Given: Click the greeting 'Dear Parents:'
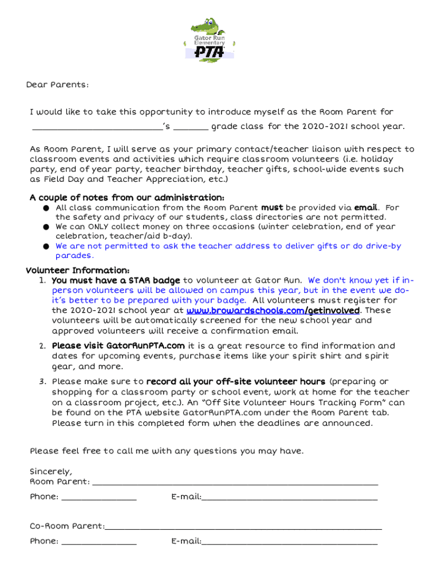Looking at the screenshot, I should click(57, 85).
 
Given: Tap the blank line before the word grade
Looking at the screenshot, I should click(191, 127).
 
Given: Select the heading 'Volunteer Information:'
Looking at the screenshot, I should click(78, 271).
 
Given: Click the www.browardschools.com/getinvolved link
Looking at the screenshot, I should click(273, 310).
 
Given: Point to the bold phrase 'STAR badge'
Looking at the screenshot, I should click(155, 280).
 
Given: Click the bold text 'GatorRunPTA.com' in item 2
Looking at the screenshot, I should click(145, 346).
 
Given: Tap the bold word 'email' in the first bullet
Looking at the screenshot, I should click(366, 207).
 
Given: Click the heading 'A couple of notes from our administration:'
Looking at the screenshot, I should click(127, 198).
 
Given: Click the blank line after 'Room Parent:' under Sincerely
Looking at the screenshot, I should click(235, 483).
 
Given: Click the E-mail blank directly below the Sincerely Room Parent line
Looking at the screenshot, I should click(289, 498).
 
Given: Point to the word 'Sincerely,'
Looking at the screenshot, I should click(51, 472).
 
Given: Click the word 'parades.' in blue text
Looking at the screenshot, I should click(74, 256).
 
